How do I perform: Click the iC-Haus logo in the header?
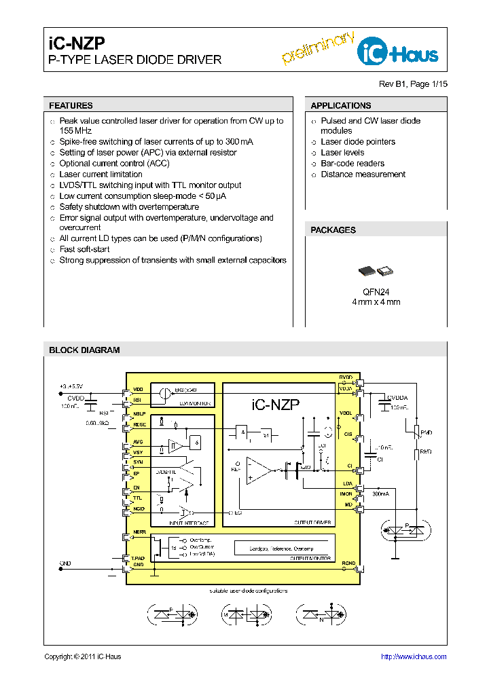coord(399,51)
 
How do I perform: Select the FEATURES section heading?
coord(71,106)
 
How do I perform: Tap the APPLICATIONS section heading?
coord(340,106)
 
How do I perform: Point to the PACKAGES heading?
coord(333,230)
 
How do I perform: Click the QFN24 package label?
coord(376,291)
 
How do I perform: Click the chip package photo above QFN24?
coord(376,272)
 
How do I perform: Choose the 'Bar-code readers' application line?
coord(352,164)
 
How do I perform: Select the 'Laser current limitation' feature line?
coord(101,174)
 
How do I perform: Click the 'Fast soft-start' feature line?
coord(84,249)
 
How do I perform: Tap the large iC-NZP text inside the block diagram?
coord(275,405)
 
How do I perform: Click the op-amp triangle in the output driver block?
coord(257,470)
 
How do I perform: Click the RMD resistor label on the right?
coord(426,451)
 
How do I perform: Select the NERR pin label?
coord(139,532)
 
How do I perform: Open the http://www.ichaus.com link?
coord(413,656)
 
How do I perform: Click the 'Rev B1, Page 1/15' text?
coord(413,84)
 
